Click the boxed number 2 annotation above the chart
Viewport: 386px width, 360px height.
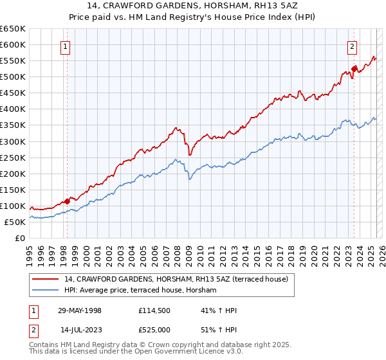coord(353,46)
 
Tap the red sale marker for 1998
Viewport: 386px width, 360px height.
coord(68,201)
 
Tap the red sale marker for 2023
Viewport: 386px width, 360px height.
coord(354,69)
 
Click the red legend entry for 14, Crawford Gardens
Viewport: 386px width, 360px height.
coord(179,278)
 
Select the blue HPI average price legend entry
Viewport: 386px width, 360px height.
coord(140,291)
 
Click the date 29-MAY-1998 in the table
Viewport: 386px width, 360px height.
coord(79,311)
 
